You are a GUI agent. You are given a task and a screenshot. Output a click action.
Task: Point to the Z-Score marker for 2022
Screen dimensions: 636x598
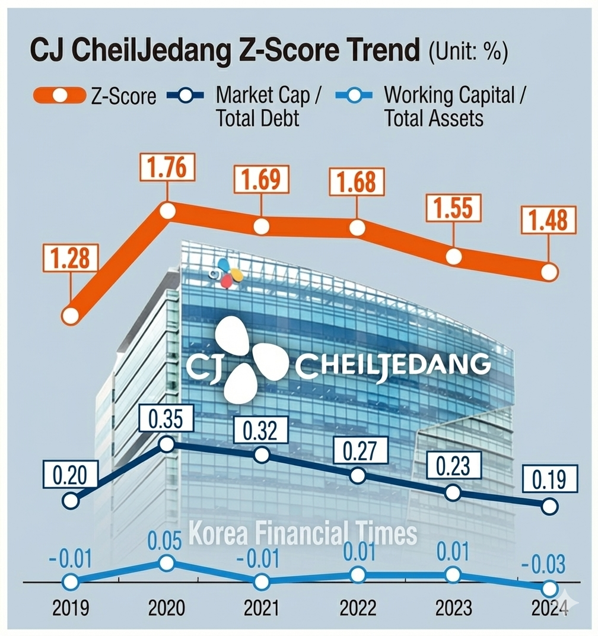pyautogui.click(x=357, y=228)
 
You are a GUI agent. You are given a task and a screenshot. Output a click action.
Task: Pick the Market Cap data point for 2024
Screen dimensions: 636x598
pyautogui.click(x=549, y=506)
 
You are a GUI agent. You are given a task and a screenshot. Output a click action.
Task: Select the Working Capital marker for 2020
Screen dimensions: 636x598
pyautogui.click(x=167, y=562)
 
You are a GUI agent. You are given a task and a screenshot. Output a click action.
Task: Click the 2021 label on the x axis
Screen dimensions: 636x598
pyautogui.click(x=262, y=608)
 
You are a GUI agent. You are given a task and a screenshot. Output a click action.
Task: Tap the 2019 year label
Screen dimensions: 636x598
pyautogui.click(x=71, y=608)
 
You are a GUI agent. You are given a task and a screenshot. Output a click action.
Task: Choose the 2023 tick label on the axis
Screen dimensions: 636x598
pyautogui.click(x=453, y=608)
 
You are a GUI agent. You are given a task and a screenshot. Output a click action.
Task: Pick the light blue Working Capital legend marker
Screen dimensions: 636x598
pyautogui.click(x=354, y=96)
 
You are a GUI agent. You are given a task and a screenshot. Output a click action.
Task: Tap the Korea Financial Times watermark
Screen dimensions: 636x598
pyautogui.click(x=303, y=533)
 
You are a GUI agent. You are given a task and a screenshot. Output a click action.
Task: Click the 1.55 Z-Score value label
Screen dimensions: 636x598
pyautogui.click(x=453, y=210)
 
